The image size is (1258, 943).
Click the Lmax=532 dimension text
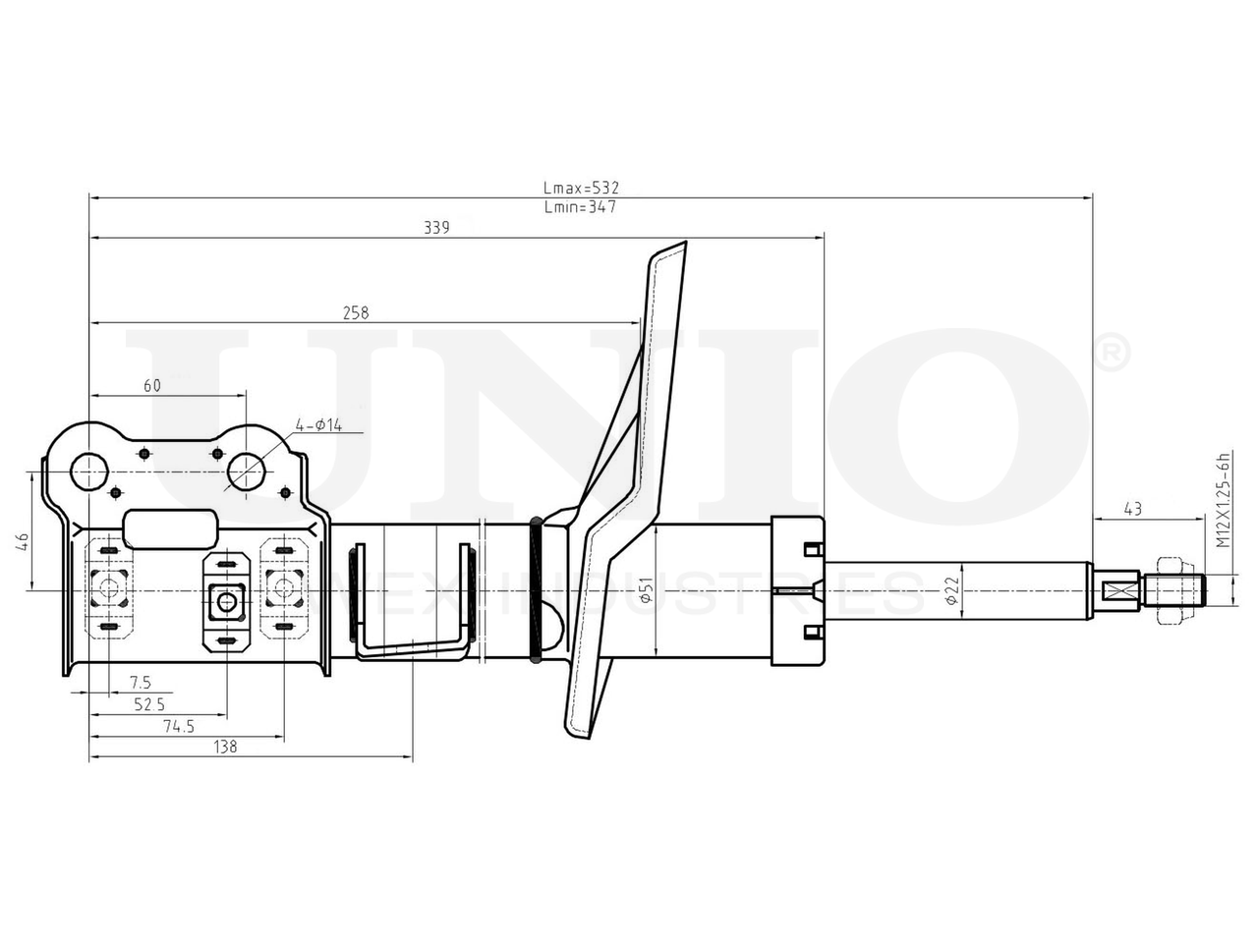pos(582,187)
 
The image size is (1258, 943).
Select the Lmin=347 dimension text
pos(580,207)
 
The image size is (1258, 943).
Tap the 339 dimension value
pos(436,227)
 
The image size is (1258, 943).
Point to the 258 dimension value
pos(355,312)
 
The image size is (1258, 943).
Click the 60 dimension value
pos(152,385)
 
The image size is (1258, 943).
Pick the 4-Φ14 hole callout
pos(317,425)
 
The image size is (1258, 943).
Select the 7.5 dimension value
pos(140,682)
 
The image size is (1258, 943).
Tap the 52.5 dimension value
pos(150,703)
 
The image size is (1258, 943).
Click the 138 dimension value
pos(225,747)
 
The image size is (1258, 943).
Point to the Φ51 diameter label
pos(645,589)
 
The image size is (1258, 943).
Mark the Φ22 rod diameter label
pos(950,588)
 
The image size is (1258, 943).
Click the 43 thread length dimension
pos(1132,508)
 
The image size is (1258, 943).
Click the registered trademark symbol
pos(1111,353)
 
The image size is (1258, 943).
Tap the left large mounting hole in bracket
pos(90,471)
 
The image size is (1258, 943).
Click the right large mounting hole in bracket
pos(245,471)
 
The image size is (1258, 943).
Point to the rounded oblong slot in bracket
pos(169,529)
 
